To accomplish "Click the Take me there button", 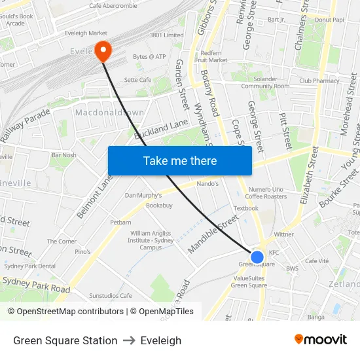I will click(179, 160).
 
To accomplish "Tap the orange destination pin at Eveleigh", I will click(103, 50).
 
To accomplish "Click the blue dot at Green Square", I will click(257, 257).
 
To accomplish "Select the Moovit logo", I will click(320, 340).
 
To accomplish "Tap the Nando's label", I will click(207, 184).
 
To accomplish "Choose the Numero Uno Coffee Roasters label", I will click(266, 193).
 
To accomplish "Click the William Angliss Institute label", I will click(151, 240).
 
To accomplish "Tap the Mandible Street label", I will click(213, 234).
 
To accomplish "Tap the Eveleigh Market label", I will click(86, 33).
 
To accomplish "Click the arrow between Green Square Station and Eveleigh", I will click(129, 340).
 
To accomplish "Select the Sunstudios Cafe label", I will click(111, 295).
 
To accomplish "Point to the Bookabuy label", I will click(159, 206).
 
